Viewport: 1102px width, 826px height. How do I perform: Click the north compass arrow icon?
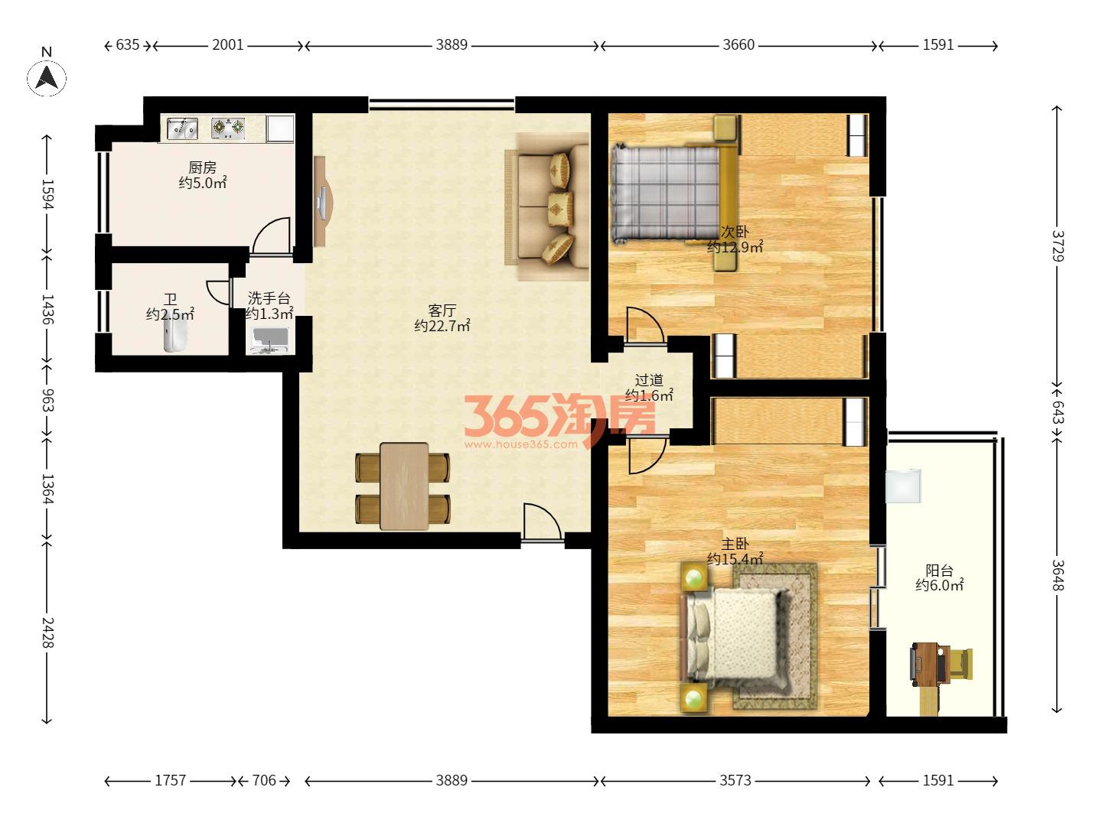pos(47,78)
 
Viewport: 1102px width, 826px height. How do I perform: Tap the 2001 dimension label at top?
pos(227,45)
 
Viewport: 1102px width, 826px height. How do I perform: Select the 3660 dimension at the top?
pos(738,45)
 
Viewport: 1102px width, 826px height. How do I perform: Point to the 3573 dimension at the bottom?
pos(735,780)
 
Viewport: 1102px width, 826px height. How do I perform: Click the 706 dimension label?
pos(264,780)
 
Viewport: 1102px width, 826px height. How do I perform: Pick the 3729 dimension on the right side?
pos(1058,246)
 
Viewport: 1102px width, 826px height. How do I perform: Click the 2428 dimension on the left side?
pos(47,633)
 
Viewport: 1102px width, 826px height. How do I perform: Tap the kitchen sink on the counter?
pos(182,128)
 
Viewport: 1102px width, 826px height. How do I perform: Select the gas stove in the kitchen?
pos(228,128)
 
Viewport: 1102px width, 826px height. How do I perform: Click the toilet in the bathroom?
pos(175,334)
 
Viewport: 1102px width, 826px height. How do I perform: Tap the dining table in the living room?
pos(404,486)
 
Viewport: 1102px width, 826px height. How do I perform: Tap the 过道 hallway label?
pos(649,379)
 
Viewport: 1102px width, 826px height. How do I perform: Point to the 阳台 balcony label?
pos(939,570)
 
